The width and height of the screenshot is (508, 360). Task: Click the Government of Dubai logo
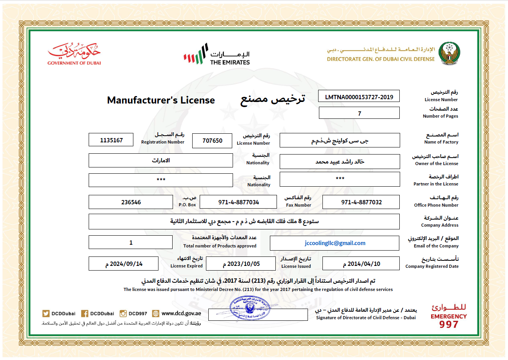[74, 55]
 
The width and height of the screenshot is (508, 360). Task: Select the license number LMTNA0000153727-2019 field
[359, 96]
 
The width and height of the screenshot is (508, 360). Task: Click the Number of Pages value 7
[359, 113]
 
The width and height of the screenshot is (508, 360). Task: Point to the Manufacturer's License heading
[161, 100]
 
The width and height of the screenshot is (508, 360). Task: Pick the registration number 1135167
[111, 140]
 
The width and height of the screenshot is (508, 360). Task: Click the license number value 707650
[212, 140]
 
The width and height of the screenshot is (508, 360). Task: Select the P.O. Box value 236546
[131, 202]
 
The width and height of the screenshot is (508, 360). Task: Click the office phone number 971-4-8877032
[361, 202]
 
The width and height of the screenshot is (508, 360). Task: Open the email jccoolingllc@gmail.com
[335, 243]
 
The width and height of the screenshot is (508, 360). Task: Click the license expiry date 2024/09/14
[124, 264]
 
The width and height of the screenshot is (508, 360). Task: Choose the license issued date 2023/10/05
[241, 264]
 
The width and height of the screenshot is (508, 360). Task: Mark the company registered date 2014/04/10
[361, 264]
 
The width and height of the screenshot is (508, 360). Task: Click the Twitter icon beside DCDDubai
[46, 313]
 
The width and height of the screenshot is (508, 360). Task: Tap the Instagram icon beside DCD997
[123, 313]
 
